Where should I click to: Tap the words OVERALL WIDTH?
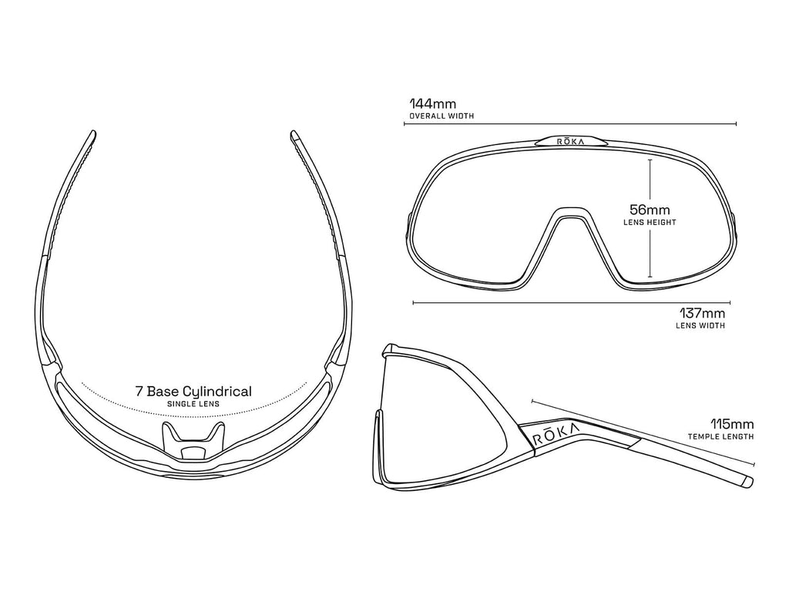click(x=442, y=116)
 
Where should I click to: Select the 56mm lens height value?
click(x=650, y=210)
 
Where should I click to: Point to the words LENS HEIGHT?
click(x=650, y=223)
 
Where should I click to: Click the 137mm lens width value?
click(x=702, y=313)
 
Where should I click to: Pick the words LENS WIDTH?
click(x=700, y=326)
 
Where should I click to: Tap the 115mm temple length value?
click(x=732, y=424)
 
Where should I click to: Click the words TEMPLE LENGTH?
click(x=720, y=437)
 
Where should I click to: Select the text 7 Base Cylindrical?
click(x=193, y=392)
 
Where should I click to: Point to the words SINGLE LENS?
click(x=193, y=404)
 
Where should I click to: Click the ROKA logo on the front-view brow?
click(x=570, y=142)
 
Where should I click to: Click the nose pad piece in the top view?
click(x=193, y=441)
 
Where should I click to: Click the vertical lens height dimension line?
click(x=650, y=218)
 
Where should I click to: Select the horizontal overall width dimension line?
click(x=570, y=124)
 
